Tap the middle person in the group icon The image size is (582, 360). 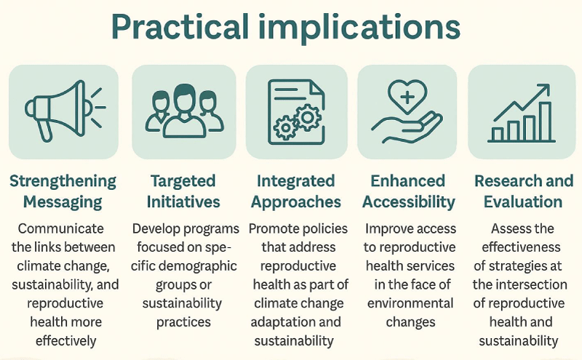tap(185, 111)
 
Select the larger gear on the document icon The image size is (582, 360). tap(308, 118)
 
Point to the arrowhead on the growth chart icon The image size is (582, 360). tap(542, 90)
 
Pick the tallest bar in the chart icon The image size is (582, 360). tap(545, 121)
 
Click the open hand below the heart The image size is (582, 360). tap(407, 128)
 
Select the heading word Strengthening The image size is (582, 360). tap(63, 182)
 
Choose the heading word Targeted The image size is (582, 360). tap(183, 182)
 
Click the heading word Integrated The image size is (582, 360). tap(296, 181)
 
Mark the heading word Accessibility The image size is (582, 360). tap(409, 202)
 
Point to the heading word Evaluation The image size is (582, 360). tap(523, 202)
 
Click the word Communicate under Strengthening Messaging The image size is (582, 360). tap(61, 228)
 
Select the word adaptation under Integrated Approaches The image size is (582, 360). tap(276, 321)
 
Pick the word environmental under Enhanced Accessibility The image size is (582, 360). tap(410, 303)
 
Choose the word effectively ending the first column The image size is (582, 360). tap(65, 340)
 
